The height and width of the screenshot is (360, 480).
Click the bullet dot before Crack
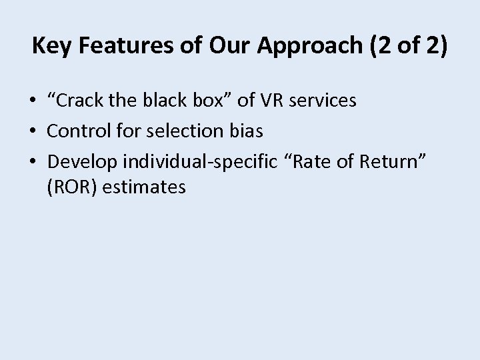33,101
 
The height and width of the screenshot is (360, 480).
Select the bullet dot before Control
33,131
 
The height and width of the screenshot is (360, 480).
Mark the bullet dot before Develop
33,161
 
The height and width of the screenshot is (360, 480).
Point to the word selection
180,131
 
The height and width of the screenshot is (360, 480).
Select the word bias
247,131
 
